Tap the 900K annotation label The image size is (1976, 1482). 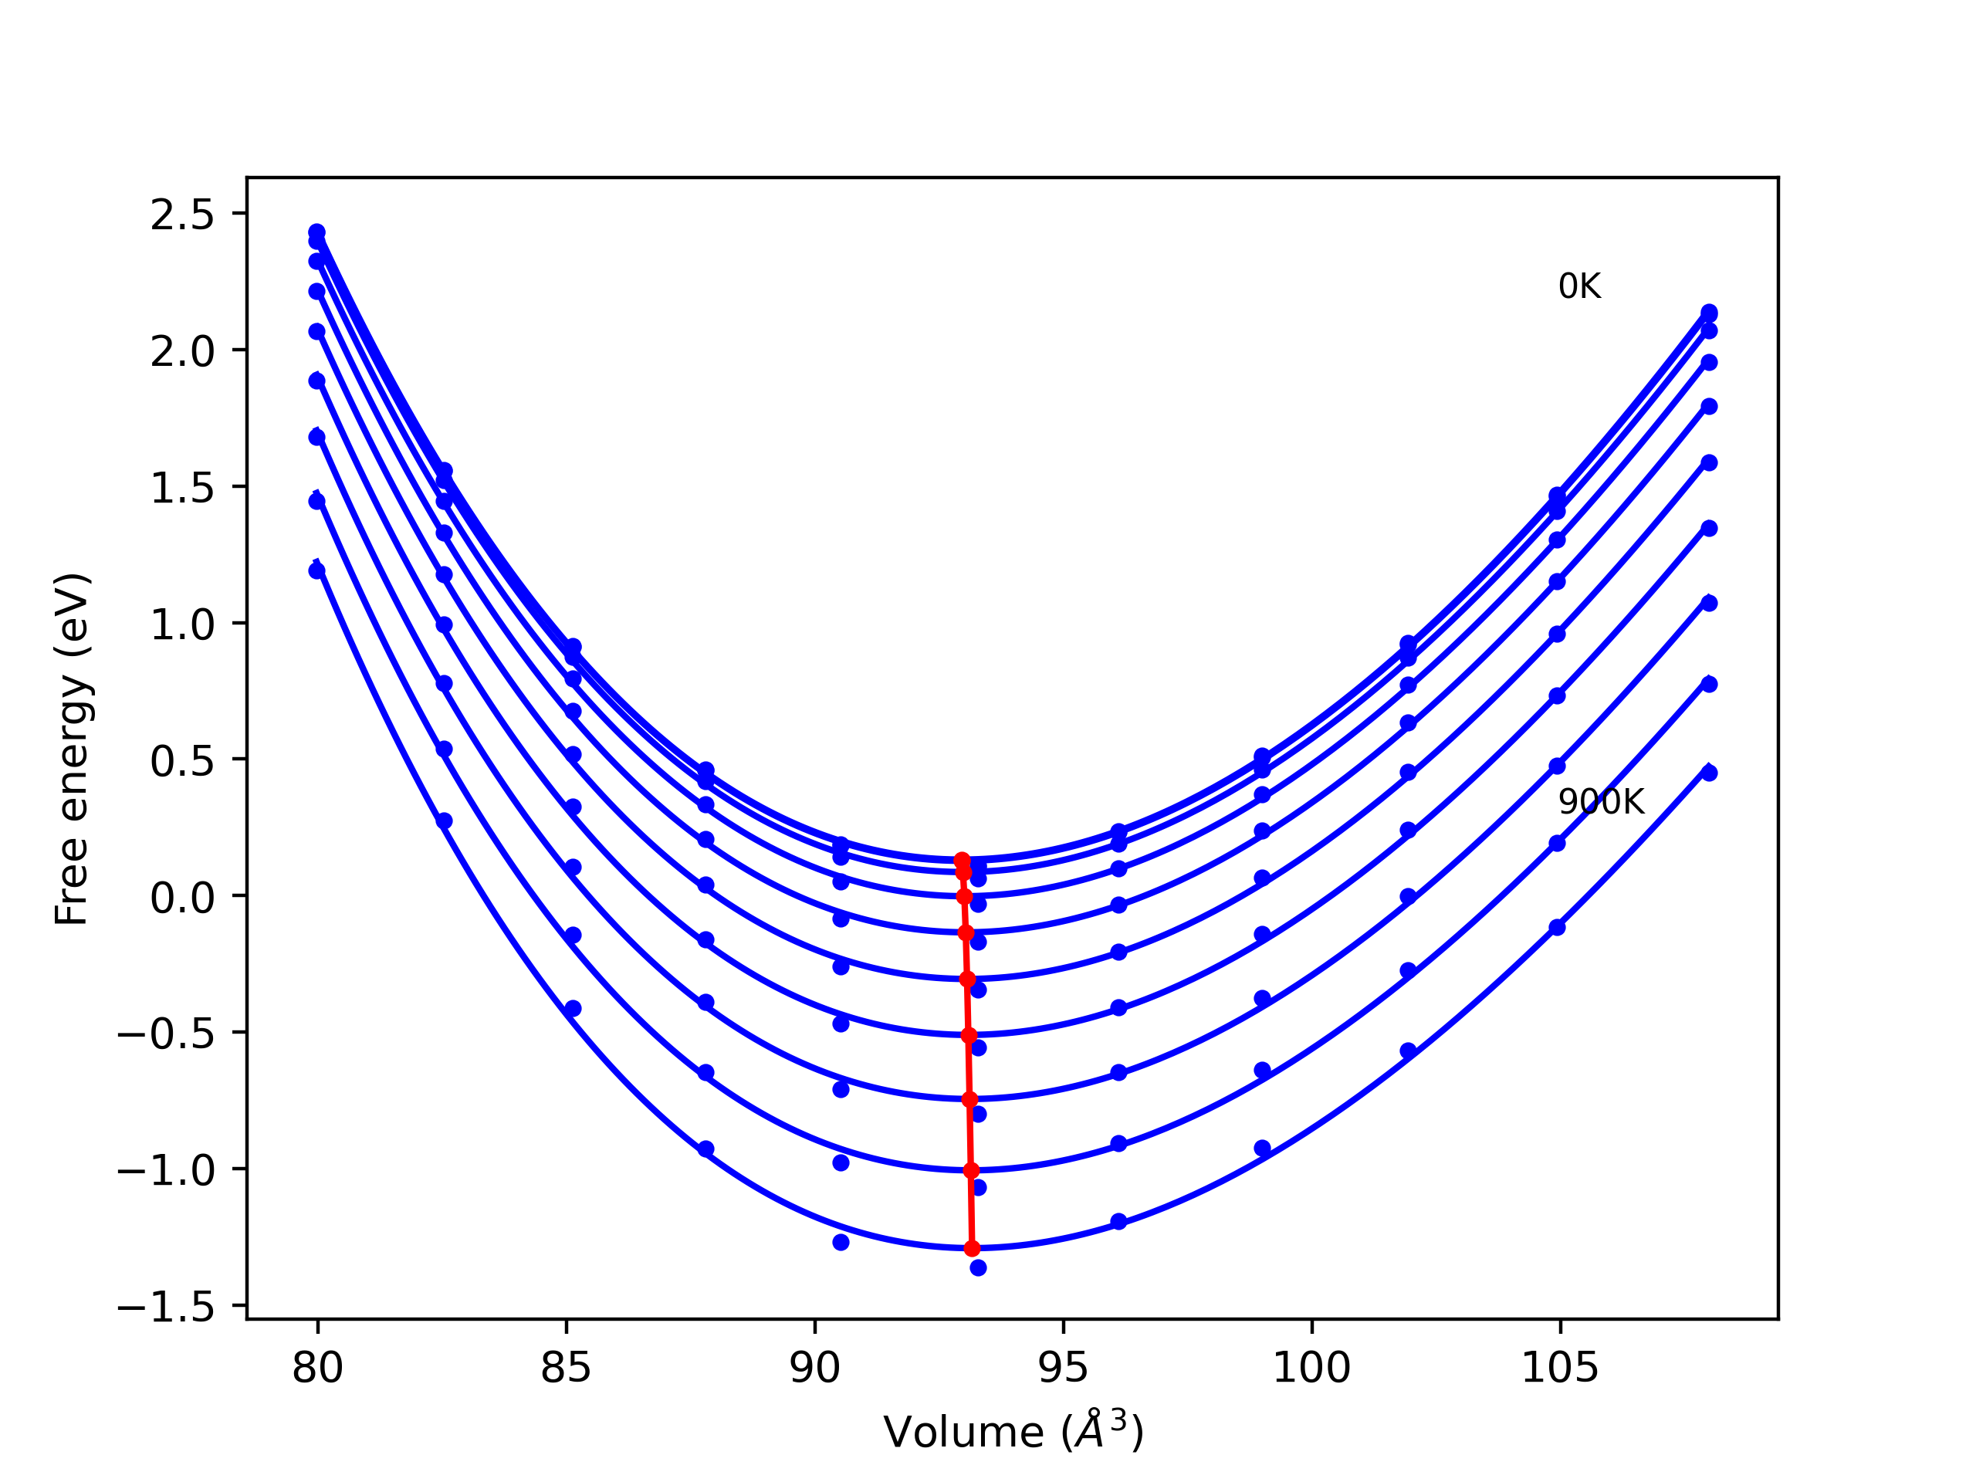pyautogui.click(x=1600, y=802)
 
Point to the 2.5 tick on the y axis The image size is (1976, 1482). pyautogui.click(x=182, y=215)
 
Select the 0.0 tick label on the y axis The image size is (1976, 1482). pyautogui.click(x=182, y=897)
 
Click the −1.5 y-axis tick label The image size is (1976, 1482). pyautogui.click(x=166, y=1307)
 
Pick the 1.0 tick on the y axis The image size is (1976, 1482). pyautogui.click(x=182, y=624)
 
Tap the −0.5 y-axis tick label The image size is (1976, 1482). pyautogui.click(x=166, y=1034)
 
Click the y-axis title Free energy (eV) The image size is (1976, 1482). pyautogui.click(x=72, y=749)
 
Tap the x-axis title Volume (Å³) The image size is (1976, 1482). pyautogui.click(x=1013, y=1432)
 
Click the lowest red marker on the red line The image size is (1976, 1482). pyautogui.click(x=972, y=1248)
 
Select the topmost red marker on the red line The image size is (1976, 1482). pyautogui.click(x=962, y=861)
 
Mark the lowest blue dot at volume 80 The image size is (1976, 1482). pyautogui.click(x=317, y=571)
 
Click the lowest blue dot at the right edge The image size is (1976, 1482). pyautogui.click(x=1709, y=773)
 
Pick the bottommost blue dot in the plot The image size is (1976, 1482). pyautogui.click(x=978, y=1267)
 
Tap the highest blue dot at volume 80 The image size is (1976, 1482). pyautogui.click(x=317, y=232)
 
